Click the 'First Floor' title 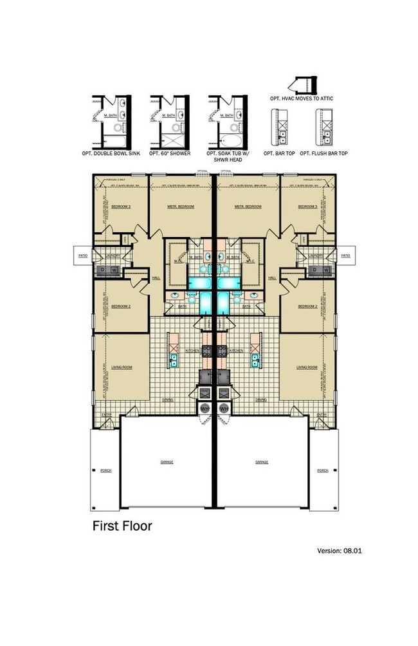(122, 526)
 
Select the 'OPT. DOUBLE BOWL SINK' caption (112, 154)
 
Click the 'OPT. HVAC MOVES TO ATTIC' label (302, 98)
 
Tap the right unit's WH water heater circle (224, 409)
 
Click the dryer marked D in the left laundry (99, 270)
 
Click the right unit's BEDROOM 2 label (307, 307)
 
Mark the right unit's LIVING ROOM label (307, 367)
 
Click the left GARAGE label (167, 462)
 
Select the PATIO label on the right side (346, 255)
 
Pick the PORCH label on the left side (106, 470)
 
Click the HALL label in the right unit (272, 278)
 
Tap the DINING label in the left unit (168, 400)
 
